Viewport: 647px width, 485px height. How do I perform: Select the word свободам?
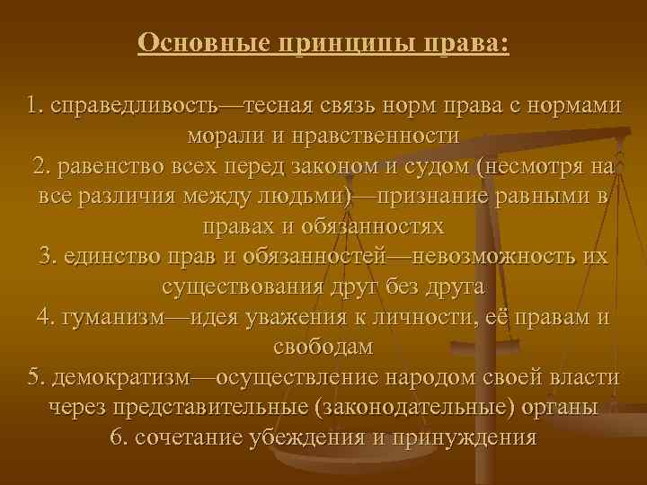tap(323, 347)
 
